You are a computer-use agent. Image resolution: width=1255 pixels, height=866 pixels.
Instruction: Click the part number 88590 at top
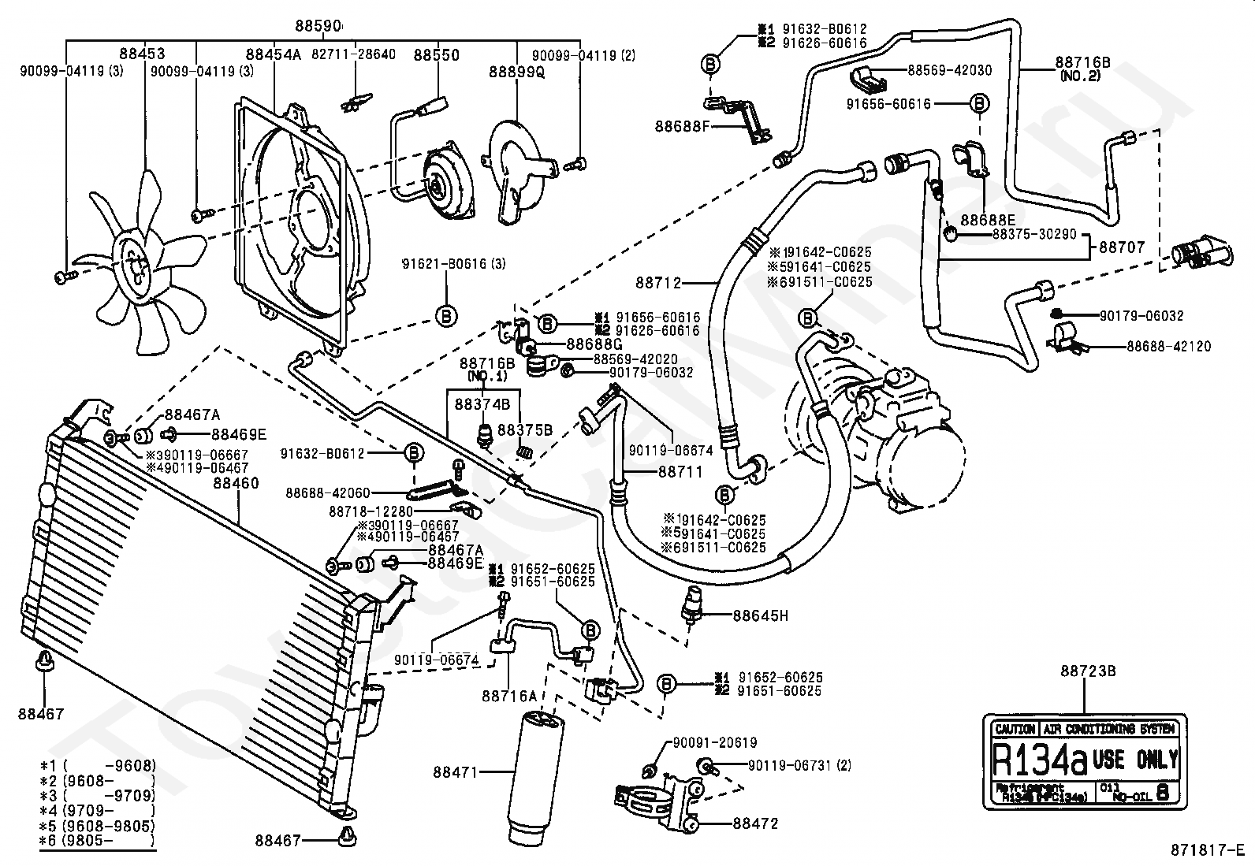pyautogui.click(x=319, y=26)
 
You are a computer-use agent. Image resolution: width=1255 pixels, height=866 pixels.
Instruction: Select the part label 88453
pyautogui.click(x=143, y=54)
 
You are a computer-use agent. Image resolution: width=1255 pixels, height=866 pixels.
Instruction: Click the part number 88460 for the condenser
pyautogui.click(x=235, y=484)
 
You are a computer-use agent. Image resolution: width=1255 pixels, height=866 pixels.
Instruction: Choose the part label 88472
pyautogui.click(x=755, y=823)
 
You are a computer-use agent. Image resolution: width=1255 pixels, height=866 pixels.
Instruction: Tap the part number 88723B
pyautogui.click(x=1088, y=671)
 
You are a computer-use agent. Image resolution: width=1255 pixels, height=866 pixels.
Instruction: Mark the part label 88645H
pyautogui.click(x=760, y=615)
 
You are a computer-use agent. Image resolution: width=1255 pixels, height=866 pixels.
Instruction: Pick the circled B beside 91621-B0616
pyautogui.click(x=445, y=317)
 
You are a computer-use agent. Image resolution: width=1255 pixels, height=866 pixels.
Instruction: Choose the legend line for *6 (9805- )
pyautogui.click(x=98, y=841)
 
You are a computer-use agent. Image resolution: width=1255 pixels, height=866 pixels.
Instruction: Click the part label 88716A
pyautogui.click(x=508, y=696)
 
